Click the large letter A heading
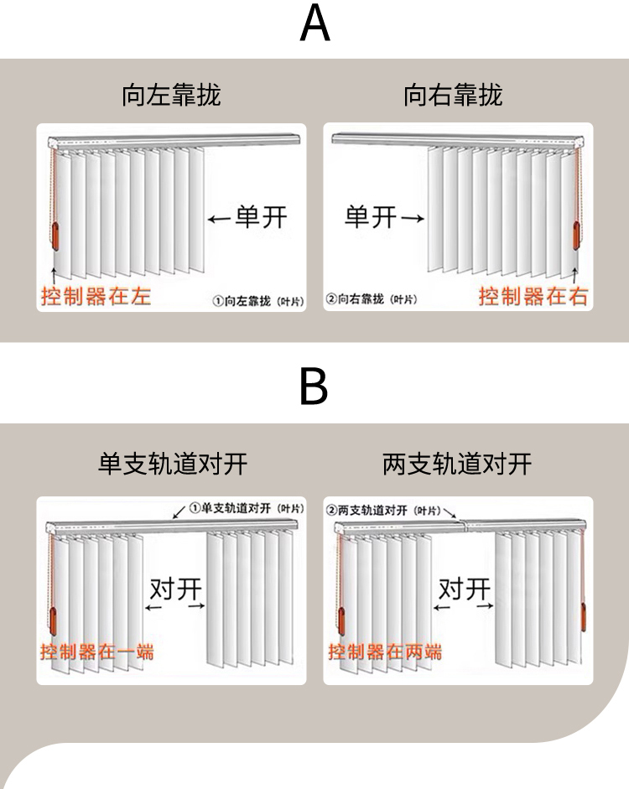click(x=314, y=25)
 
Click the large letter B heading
click(x=314, y=387)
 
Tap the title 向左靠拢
click(x=171, y=95)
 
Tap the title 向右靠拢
click(x=453, y=95)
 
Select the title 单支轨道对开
click(x=173, y=464)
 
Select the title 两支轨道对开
click(x=457, y=464)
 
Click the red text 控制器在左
click(x=96, y=296)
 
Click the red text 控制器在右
click(x=533, y=296)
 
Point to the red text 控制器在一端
click(x=97, y=651)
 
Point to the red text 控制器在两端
click(x=385, y=651)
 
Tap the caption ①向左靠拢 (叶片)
click(x=257, y=299)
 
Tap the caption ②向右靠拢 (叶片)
click(x=372, y=299)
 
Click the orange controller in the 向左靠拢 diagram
click(x=56, y=235)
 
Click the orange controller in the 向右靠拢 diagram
click(x=576, y=235)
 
